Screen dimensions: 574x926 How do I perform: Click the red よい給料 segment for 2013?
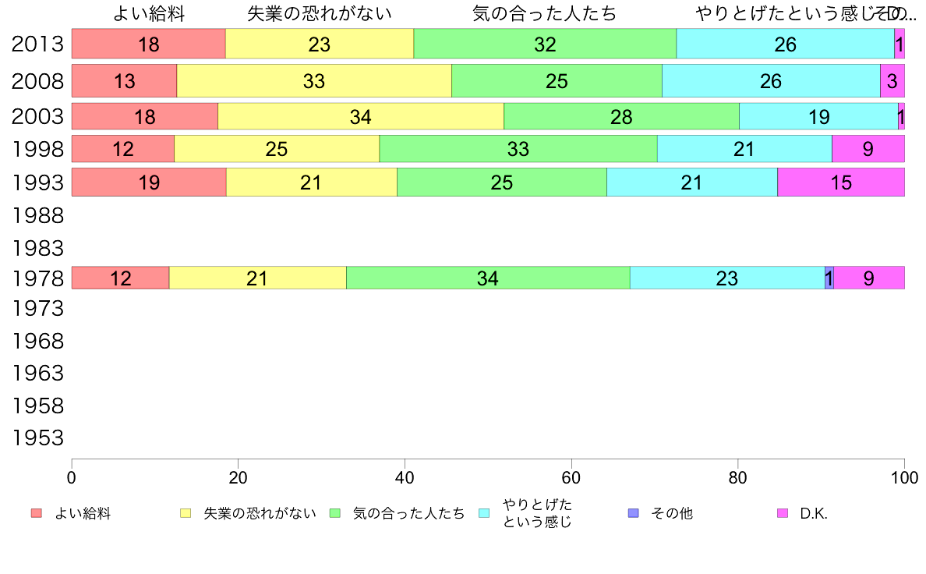coord(148,44)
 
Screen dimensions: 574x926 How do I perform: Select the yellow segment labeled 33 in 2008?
coord(314,80)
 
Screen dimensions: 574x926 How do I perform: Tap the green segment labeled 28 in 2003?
coord(621,116)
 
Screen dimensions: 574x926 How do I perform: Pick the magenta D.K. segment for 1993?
coord(840,182)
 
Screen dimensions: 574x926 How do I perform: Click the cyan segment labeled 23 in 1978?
coord(726,278)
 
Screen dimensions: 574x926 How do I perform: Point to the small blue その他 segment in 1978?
coord(829,278)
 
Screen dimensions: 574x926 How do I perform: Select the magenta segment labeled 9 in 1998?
coord(868,148)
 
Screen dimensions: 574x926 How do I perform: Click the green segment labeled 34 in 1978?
coord(488,278)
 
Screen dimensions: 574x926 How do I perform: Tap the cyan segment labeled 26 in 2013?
coord(785,44)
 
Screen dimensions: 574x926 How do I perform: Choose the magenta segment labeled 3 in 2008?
coord(892,80)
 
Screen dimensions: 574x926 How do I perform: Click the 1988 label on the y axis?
coord(37,214)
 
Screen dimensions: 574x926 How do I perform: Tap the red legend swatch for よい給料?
coord(36,513)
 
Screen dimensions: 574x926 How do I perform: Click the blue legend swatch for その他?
coord(633,513)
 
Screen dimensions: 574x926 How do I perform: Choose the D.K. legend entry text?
coord(814,513)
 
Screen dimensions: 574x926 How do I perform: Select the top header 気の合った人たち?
coord(544,13)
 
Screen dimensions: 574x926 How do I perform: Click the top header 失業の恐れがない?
coord(319,13)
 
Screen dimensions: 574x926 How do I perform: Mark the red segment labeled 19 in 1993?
coord(148,182)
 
